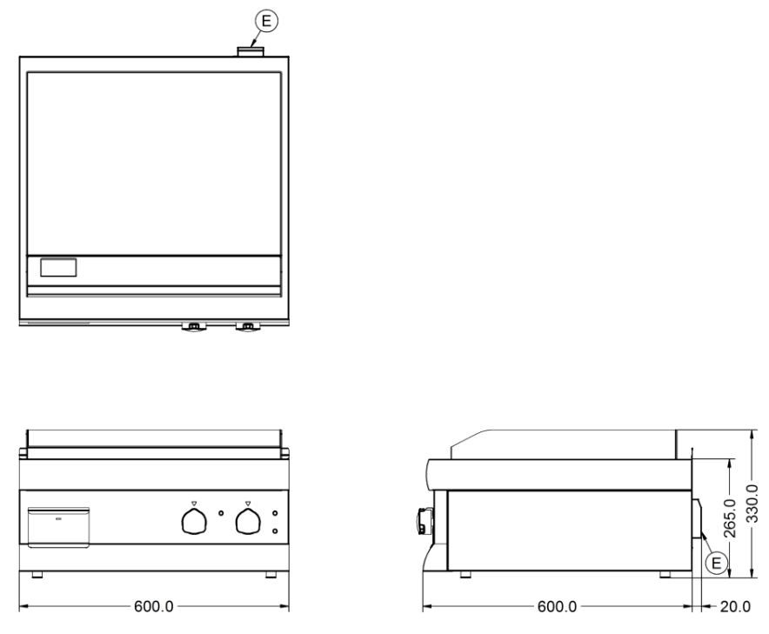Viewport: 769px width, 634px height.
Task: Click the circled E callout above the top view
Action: (x=266, y=21)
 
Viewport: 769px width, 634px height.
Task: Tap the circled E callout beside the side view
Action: (x=716, y=563)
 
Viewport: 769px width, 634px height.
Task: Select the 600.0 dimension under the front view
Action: (x=153, y=606)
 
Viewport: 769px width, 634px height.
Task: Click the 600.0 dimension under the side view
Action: (x=557, y=606)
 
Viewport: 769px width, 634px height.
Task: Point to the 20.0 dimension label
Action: (x=735, y=606)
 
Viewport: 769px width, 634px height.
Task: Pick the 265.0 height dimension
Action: (x=730, y=518)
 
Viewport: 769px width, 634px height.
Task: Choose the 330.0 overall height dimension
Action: (x=752, y=503)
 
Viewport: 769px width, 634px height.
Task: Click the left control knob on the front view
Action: (x=194, y=521)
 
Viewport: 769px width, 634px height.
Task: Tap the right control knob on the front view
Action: (x=248, y=521)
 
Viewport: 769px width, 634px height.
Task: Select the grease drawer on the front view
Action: (x=59, y=527)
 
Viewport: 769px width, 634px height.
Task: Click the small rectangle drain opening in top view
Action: (x=58, y=268)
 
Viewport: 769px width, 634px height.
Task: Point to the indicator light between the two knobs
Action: (x=221, y=513)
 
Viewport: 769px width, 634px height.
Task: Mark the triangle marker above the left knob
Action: (x=194, y=503)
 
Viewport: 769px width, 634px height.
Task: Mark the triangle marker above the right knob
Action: (x=248, y=503)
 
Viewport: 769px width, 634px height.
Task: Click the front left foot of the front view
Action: (x=37, y=574)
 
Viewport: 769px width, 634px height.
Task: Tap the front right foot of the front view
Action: (x=271, y=574)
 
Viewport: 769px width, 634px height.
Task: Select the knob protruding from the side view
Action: (x=423, y=521)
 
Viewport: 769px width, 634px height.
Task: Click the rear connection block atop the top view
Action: (x=251, y=51)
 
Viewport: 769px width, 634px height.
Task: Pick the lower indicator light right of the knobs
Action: (x=275, y=531)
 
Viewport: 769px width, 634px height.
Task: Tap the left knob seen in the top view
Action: (x=194, y=327)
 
